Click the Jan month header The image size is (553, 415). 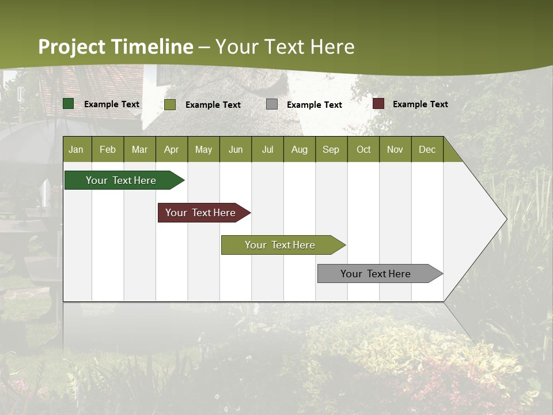tap(76, 149)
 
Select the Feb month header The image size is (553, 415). tap(108, 149)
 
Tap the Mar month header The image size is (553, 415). tap(139, 149)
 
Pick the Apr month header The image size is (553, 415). tap(171, 149)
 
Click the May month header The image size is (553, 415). tap(203, 149)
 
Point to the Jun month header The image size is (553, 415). tap(236, 149)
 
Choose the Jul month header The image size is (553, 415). tap(267, 149)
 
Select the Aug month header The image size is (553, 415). tap(299, 149)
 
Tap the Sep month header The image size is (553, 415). tap(331, 149)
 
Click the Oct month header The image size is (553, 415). tap(363, 149)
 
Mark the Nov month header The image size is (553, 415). tap(395, 149)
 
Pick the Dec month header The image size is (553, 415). tap(427, 149)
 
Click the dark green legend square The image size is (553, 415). tap(69, 104)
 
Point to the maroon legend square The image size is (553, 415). tap(378, 104)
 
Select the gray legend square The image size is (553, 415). tap(272, 104)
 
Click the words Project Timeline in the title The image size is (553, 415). tap(115, 47)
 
